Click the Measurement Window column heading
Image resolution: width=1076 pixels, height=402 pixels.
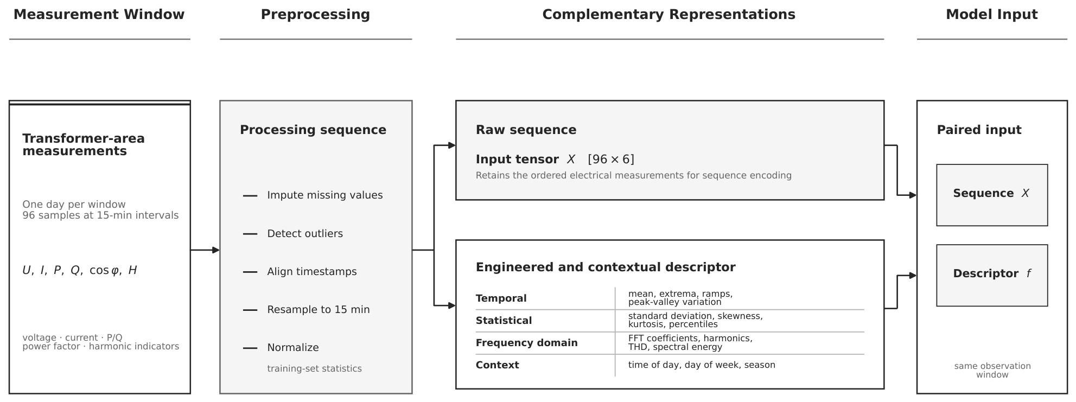click(99, 15)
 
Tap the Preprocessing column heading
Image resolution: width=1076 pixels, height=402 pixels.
click(315, 15)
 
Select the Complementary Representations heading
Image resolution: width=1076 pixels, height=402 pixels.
click(668, 15)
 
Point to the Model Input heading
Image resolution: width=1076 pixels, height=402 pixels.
click(991, 15)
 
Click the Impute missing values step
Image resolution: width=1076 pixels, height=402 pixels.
click(324, 195)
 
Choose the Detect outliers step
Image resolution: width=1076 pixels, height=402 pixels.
click(305, 234)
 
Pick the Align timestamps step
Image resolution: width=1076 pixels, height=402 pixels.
click(312, 272)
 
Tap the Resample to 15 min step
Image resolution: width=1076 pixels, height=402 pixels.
click(319, 310)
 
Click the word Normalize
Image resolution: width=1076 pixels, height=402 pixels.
click(293, 348)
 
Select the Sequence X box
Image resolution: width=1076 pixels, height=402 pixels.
click(992, 195)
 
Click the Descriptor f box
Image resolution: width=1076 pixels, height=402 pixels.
click(992, 276)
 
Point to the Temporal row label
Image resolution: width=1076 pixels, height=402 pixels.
click(501, 298)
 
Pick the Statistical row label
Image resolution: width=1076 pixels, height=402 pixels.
click(504, 321)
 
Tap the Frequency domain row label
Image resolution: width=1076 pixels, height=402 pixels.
click(526, 343)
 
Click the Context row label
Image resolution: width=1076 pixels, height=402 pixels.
click(497, 365)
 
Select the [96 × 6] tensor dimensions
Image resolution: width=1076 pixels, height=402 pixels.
click(611, 159)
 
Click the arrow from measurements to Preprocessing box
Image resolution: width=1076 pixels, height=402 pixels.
click(205, 250)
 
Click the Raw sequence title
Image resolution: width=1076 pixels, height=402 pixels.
click(526, 130)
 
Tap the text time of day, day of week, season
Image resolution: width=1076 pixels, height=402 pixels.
click(702, 365)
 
